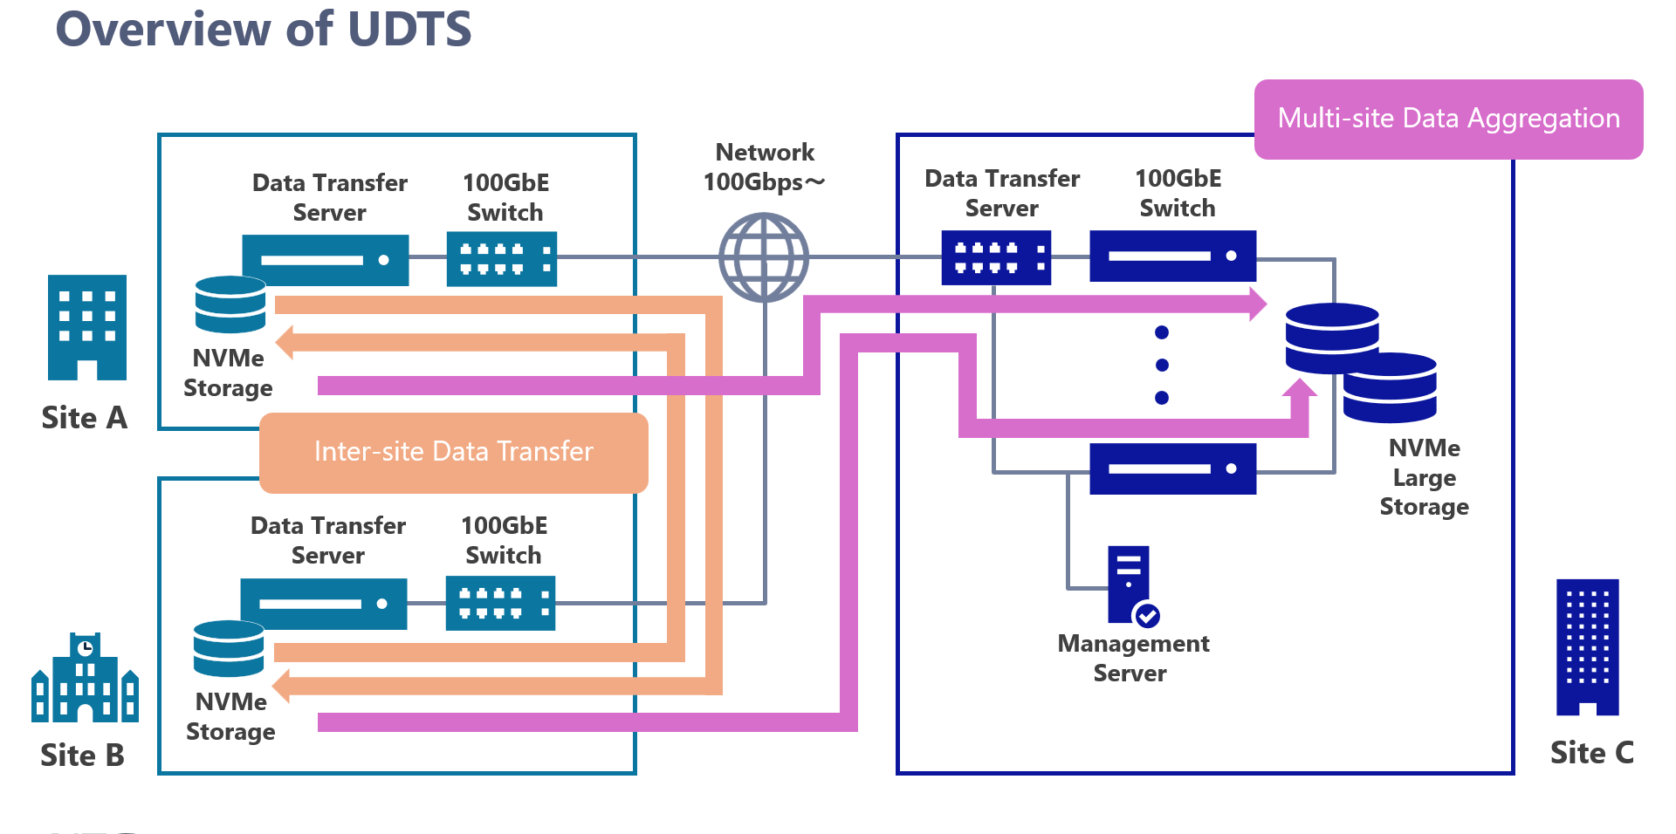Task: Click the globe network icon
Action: point(764,258)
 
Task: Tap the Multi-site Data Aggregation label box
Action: point(1448,120)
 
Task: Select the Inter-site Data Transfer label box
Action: point(454,452)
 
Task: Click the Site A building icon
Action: point(87,327)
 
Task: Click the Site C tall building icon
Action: point(1587,646)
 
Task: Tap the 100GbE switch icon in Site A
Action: point(501,259)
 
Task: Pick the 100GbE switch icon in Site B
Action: point(500,603)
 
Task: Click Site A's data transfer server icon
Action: point(326,260)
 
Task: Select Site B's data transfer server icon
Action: point(324,604)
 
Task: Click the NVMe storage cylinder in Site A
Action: point(230,304)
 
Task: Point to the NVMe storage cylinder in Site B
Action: point(229,648)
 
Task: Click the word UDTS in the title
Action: point(409,30)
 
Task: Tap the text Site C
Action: point(1591,753)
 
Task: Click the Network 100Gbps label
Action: point(765,167)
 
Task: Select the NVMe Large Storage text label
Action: point(1424,477)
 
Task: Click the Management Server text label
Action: point(1132,659)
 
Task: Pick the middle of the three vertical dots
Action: point(1162,365)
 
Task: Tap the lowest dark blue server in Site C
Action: point(1172,468)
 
